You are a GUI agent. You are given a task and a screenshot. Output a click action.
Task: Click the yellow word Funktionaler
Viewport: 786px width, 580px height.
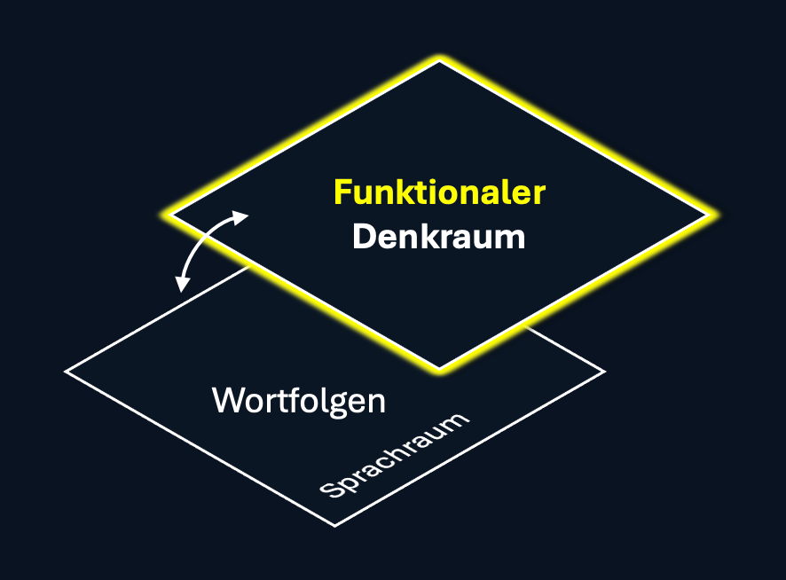click(x=438, y=193)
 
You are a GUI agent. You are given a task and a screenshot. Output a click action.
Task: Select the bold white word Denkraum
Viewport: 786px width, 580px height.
click(x=438, y=237)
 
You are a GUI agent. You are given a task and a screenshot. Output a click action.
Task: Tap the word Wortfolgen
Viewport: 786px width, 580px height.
click(x=299, y=401)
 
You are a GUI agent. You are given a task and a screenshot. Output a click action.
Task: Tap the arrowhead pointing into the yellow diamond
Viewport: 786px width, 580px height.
click(x=241, y=216)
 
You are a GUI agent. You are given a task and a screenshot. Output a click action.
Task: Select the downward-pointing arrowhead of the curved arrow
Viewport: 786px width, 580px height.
click(x=182, y=284)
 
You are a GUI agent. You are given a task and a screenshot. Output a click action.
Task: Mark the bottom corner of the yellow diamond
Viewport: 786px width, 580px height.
click(x=439, y=368)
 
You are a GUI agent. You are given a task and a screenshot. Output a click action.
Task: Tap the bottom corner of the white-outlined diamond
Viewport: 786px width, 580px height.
click(x=334, y=526)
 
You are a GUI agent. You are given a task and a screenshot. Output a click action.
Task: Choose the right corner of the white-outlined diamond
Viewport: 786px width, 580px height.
click(x=604, y=372)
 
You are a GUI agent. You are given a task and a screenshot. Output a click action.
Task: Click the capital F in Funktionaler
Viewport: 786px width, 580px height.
click(x=342, y=193)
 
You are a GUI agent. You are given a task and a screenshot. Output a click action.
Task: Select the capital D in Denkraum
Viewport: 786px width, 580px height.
click(x=363, y=237)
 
